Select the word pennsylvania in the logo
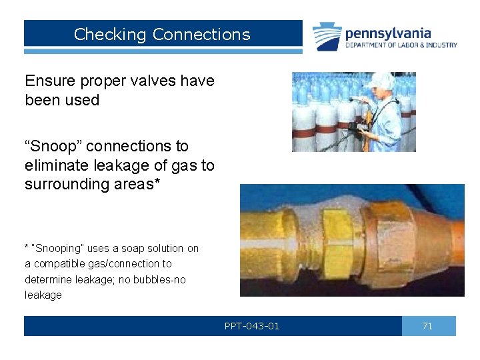[388, 33]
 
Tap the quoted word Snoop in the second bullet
[63, 146]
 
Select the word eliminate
[58, 165]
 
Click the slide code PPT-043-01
[252, 326]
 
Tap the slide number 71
[427, 326]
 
